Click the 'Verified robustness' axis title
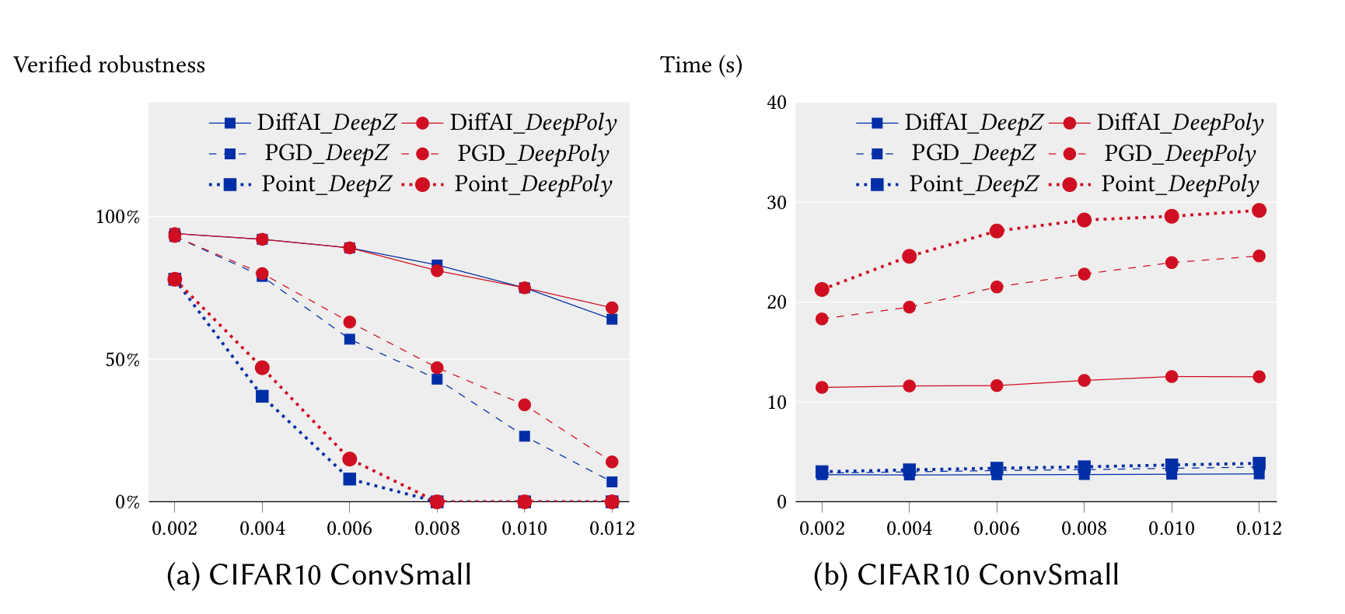click(110, 65)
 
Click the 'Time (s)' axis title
click(701, 65)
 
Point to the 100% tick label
click(117, 217)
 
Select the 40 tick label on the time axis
click(777, 103)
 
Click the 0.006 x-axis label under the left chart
click(349, 529)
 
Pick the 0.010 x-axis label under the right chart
click(1171, 529)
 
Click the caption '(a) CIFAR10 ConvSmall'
click(319, 575)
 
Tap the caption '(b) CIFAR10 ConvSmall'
click(966, 575)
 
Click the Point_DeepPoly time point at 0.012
click(1259, 211)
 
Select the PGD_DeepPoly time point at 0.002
click(822, 319)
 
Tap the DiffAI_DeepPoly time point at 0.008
click(1084, 380)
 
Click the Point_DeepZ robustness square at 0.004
click(262, 396)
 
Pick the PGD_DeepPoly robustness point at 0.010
click(525, 405)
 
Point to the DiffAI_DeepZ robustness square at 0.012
click(612, 319)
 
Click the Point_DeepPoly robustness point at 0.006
click(349, 459)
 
